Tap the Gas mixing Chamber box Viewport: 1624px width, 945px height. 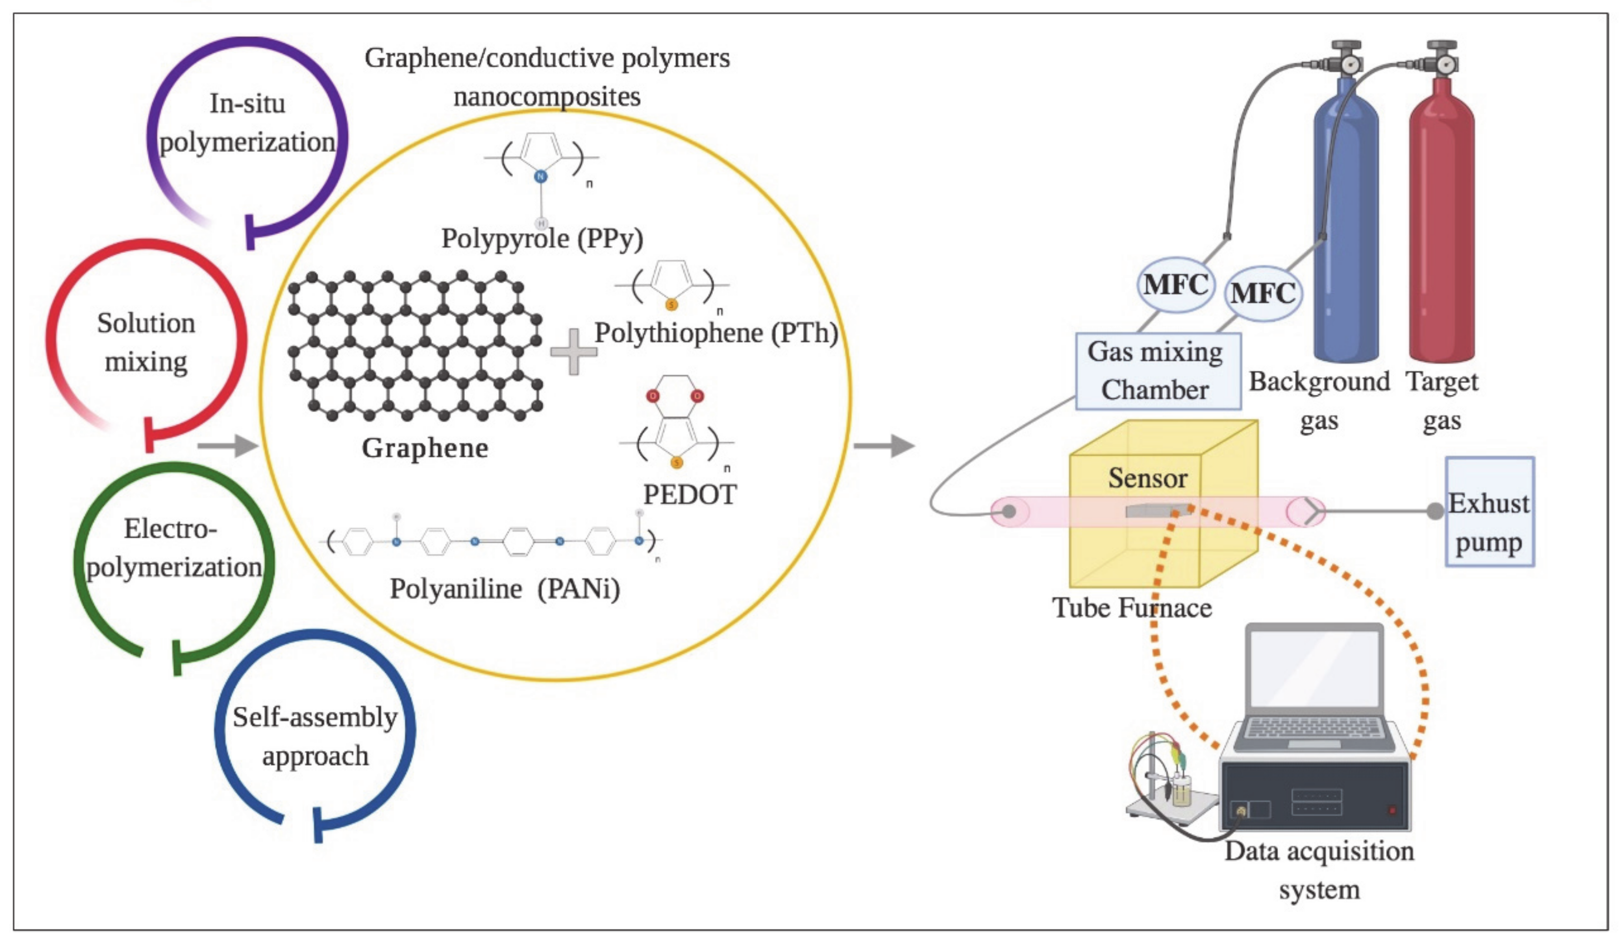[x=1158, y=371]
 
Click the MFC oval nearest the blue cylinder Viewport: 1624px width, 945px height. [x=1262, y=294]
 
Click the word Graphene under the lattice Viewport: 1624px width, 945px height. [x=425, y=448]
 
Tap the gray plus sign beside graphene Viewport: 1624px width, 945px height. [x=573, y=351]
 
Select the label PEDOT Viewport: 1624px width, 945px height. [x=690, y=494]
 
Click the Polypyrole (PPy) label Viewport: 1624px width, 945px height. [x=542, y=239]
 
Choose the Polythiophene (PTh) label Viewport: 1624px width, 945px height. [x=715, y=333]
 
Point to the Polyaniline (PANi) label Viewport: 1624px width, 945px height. [x=505, y=588]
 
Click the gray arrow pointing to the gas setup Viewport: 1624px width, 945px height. [x=884, y=445]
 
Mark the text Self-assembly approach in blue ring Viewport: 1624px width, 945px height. [x=315, y=736]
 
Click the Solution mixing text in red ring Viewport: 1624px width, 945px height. [x=146, y=342]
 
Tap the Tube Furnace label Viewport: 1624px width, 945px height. [x=1132, y=608]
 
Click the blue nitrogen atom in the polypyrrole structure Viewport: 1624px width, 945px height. [x=541, y=176]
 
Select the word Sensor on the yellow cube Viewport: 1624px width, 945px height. [x=1148, y=478]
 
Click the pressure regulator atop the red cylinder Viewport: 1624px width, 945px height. [x=1442, y=58]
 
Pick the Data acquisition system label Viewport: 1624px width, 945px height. [x=1319, y=870]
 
